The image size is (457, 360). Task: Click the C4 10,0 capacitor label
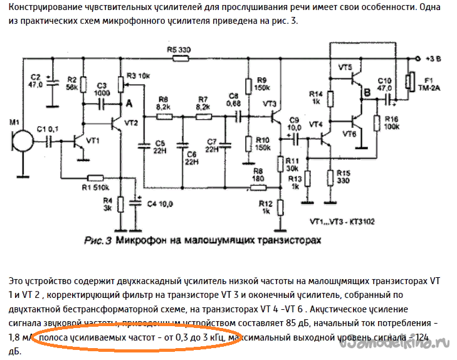pos(159,204)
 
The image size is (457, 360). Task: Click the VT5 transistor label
pos(345,66)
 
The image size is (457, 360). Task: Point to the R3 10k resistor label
pos(139,75)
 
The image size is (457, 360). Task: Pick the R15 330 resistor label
pos(343,177)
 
